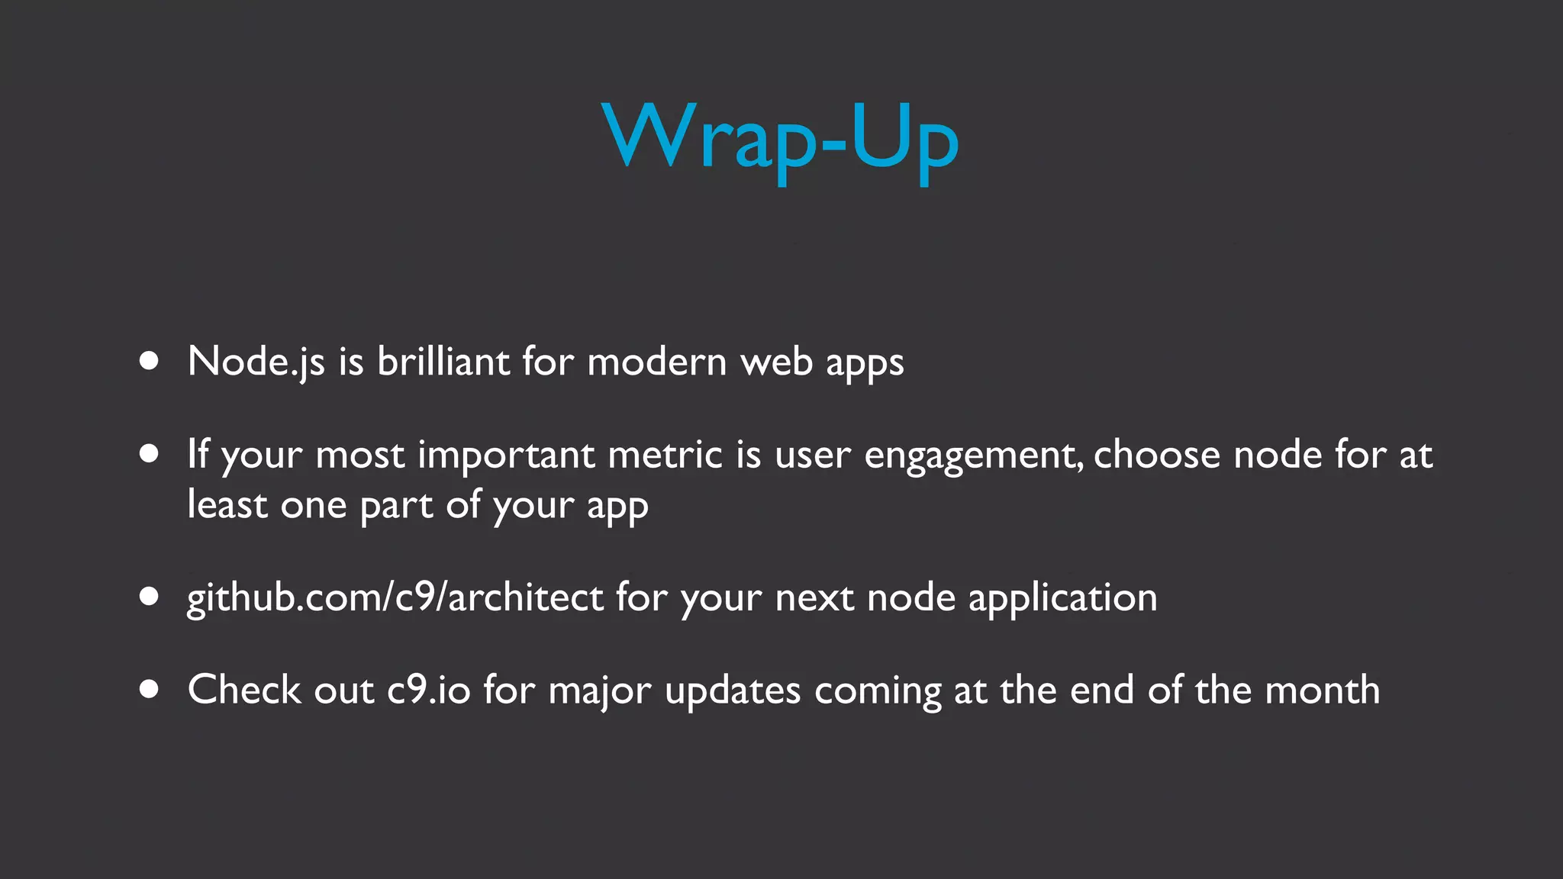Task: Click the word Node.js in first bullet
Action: (256, 362)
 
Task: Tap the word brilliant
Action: (443, 361)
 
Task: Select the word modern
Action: (657, 362)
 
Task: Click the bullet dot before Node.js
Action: (150, 361)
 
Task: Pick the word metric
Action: (665, 455)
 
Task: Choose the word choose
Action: (1157, 455)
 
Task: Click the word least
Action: (227, 505)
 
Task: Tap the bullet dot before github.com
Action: (150, 597)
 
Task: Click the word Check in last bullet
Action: (244, 690)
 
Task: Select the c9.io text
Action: (428, 691)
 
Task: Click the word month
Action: (1322, 690)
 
